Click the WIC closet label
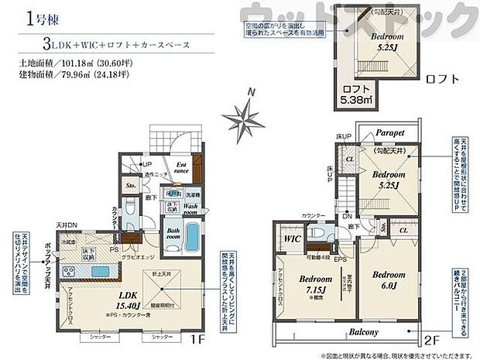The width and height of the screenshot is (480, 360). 292,239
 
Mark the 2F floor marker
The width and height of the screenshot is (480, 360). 430,338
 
